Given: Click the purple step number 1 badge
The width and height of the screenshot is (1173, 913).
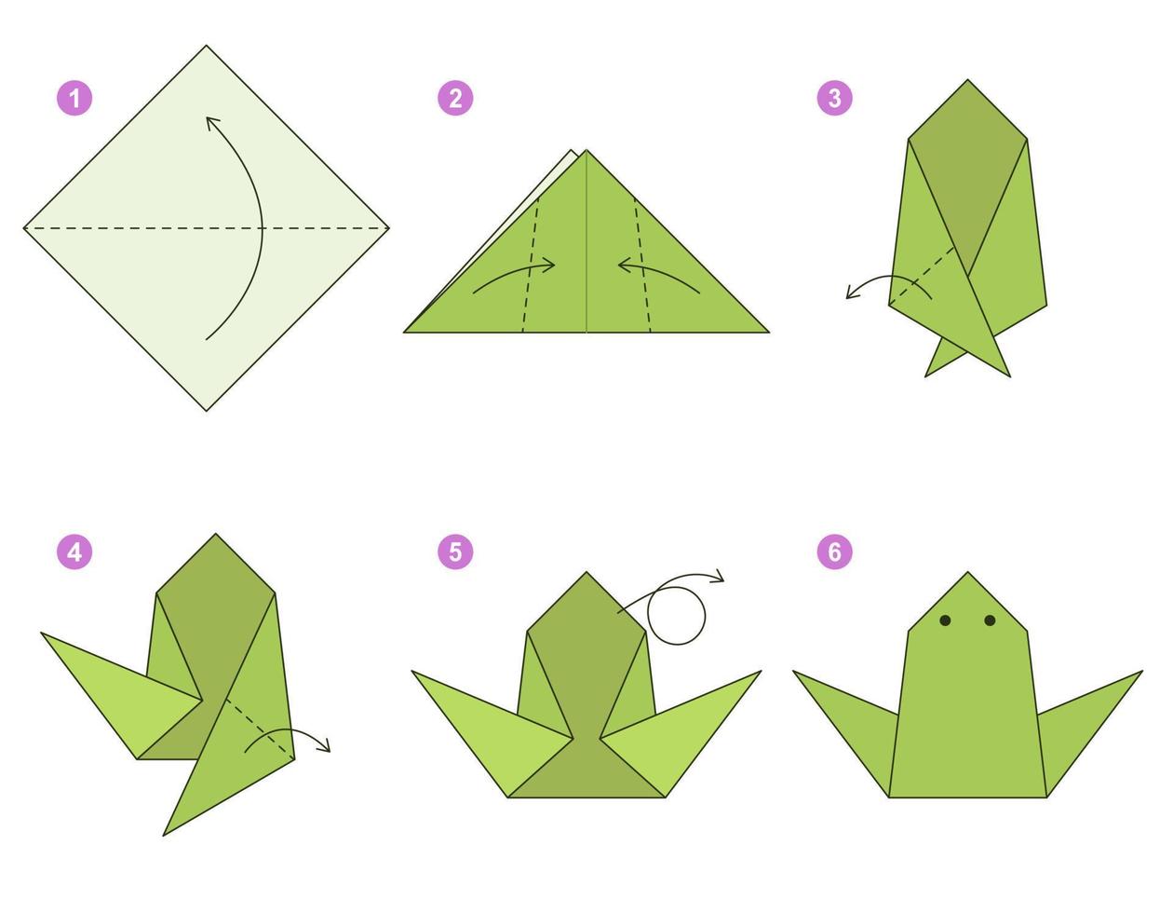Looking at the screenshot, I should [74, 98].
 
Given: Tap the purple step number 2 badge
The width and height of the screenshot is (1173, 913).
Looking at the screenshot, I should [455, 98].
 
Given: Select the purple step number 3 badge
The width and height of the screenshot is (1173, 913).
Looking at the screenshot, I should [834, 98].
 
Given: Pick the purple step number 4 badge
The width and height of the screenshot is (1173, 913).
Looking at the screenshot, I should [74, 552].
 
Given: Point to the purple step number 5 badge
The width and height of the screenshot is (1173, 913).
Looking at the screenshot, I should [455, 552].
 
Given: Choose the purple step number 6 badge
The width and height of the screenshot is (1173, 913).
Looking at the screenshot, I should [834, 552].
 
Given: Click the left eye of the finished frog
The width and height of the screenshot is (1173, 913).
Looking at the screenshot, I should [945, 620].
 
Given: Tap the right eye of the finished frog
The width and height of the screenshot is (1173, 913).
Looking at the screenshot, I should [990, 620].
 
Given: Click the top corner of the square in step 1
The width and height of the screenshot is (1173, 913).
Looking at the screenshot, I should [206, 47].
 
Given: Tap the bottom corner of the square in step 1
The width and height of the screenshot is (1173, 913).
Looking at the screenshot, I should [206, 410].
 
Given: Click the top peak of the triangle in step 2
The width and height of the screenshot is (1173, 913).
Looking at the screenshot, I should [586, 151].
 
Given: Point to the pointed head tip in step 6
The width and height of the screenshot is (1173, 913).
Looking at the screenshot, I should [967, 574].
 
